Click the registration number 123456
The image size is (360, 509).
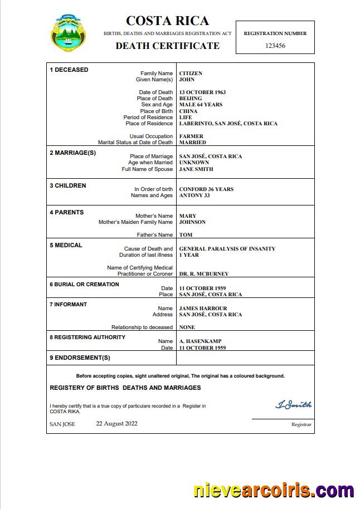coord(275,46)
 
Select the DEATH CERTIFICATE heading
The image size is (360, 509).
coord(167,46)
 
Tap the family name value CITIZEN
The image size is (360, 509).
coord(191,74)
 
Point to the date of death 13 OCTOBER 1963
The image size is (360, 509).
coord(202,92)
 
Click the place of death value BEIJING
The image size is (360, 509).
coord(191,99)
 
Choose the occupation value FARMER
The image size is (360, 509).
coord(191,136)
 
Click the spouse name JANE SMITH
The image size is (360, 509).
coord(196,169)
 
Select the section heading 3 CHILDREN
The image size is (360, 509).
coord(67,186)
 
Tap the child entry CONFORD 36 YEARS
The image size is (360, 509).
coord(206,189)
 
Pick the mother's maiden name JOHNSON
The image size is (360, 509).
coord(192,222)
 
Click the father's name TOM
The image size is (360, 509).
coord(186,235)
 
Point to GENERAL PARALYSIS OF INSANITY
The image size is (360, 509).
coord(227,249)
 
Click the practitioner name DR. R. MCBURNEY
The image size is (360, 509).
coord(203,274)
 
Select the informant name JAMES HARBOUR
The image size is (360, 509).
coord(203,309)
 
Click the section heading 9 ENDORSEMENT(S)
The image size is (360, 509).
coord(80,358)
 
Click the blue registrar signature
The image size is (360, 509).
coord(293,405)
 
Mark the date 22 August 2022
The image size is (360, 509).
coord(116,423)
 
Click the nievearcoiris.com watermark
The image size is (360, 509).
coord(273,491)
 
